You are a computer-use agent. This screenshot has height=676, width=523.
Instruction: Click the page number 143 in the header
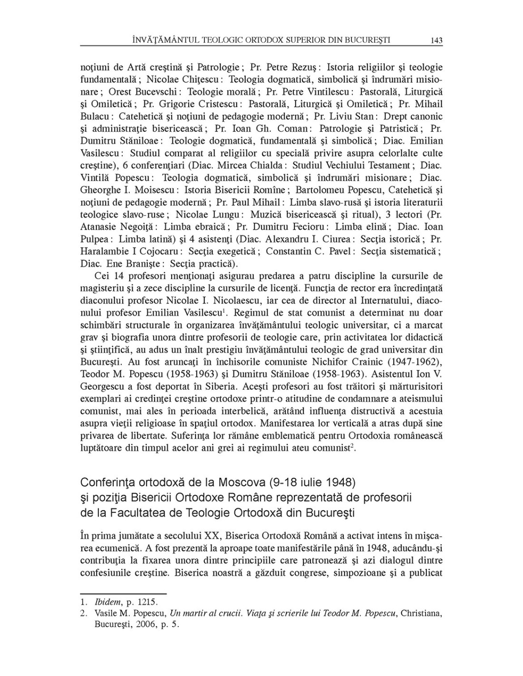tap(436, 40)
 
